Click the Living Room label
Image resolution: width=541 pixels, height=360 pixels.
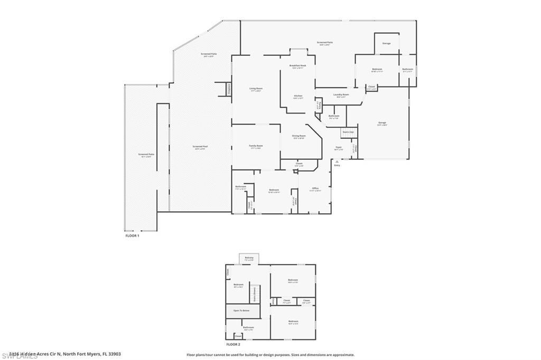pos(256,89)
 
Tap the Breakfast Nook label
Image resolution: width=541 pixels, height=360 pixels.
pos(298,66)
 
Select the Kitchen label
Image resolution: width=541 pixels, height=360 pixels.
pos(299,96)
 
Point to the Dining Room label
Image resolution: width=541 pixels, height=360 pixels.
pos(299,136)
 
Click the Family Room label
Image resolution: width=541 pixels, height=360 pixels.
pos(256,146)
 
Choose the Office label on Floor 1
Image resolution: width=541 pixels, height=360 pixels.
pos(315,188)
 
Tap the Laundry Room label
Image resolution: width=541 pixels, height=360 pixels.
pos(341,95)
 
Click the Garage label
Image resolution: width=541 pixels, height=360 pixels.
pos(382,124)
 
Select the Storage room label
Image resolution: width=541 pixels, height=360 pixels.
pos(386,43)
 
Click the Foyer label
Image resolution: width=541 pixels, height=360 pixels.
pos(339,148)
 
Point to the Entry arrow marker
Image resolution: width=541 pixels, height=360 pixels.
pos(337,162)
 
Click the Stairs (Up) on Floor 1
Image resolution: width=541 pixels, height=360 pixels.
pos(348,131)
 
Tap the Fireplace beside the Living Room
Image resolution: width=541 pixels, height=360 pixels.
pos(229,90)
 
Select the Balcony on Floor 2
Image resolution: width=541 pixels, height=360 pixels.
pos(249,258)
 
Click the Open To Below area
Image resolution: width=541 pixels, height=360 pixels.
pos(243,311)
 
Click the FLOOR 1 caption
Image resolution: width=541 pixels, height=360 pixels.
pos(132,235)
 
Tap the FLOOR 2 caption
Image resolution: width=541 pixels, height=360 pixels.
pos(234,344)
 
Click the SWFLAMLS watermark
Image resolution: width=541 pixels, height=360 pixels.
pos(19,355)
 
